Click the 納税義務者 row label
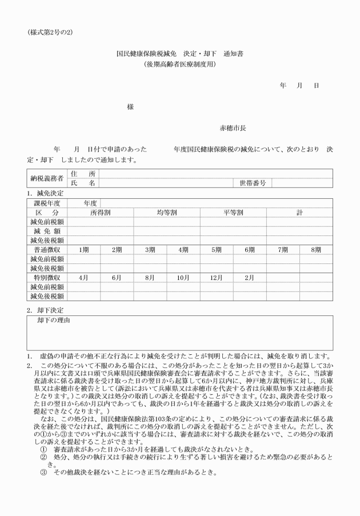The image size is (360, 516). (x=47, y=178)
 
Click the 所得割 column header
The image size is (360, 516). (x=101, y=213)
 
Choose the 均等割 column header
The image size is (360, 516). (x=167, y=213)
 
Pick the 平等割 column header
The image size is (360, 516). (x=233, y=213)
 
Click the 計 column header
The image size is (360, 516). (x=299, y=213)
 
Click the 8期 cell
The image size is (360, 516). (x=316, y=250)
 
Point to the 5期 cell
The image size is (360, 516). (x=217, y=250)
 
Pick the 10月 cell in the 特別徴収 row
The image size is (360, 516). (x=183, y=277)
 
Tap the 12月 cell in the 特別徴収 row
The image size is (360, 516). (x=217, y=277)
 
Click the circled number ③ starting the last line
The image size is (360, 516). (x=43, y=473)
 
